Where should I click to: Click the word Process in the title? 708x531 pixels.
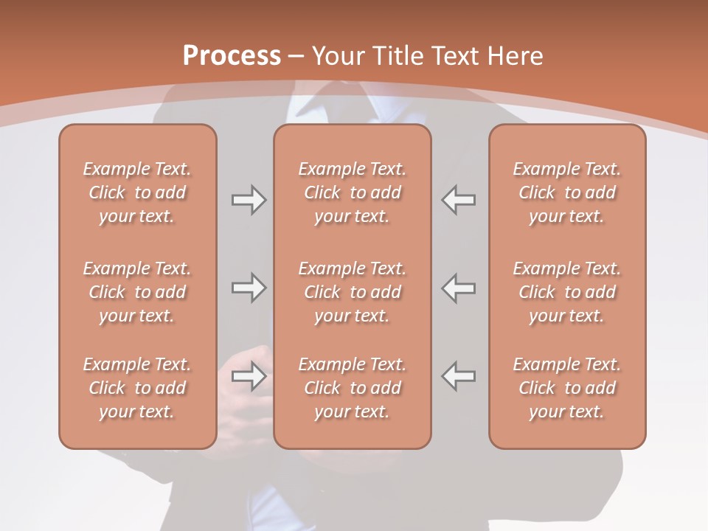(x=232, y=55)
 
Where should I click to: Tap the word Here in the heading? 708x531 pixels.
(x=515, y=55)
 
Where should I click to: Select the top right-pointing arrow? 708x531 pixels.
(x=249, y=200)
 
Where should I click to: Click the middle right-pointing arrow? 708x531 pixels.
(x=249, y=288)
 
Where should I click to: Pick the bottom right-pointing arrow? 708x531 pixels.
(x=249, y=376)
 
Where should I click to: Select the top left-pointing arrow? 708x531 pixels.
(x=458, y=200)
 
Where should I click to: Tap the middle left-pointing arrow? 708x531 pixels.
(x=458, y=288)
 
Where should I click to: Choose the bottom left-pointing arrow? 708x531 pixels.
(x=458, y=376)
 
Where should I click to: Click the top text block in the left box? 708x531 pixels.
(x=137, y=192)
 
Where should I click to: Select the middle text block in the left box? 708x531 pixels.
(x=137, y=292)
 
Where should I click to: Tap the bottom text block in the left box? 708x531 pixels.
(x=137, y=388)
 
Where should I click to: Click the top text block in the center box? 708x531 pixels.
(x=352, y=192)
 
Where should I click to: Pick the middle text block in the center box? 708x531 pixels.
(x=352, y=292)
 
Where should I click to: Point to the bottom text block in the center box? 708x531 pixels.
(x=352, y=388)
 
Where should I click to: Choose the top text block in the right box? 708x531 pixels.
(x=566, y=192)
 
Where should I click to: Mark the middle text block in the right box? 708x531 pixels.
(x=566, y=292)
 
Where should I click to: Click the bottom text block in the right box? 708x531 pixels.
(x=566, y=388)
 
